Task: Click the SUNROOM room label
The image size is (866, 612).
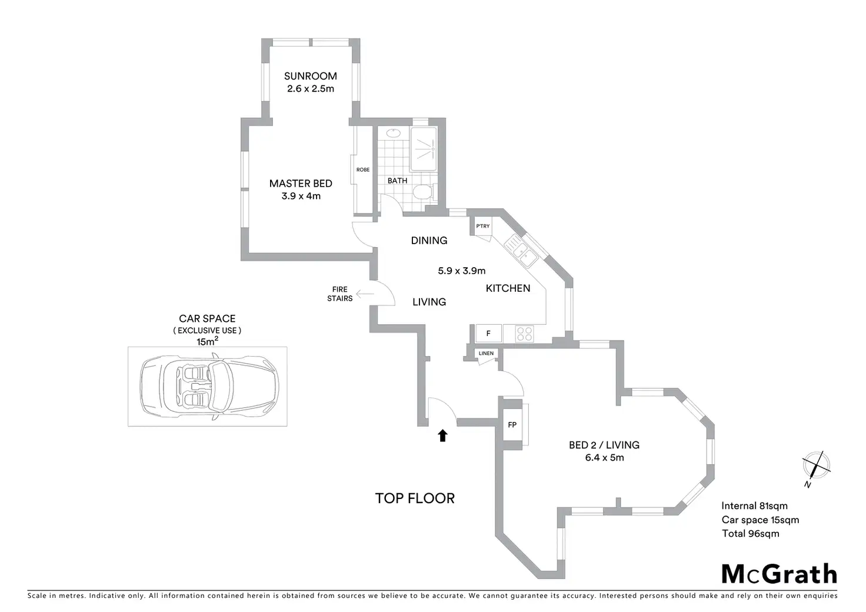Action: [311, 76]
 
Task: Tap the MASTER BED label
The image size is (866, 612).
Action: [301, 183]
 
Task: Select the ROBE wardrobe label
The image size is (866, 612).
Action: [363, 169]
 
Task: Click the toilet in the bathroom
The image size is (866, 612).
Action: [424, 191]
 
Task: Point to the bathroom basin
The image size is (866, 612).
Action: [394, 134]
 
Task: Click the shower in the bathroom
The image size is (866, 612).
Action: [424, 149]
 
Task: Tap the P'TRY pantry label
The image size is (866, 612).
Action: [483, 226]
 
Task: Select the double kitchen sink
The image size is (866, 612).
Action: [521, 251]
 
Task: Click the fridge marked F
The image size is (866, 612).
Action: [488, 333]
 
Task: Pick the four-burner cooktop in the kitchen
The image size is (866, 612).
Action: [525, 333]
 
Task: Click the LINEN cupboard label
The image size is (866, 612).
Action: [486, 353]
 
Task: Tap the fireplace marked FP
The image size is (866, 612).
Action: [512, 425]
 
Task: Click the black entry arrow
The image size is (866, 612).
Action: [442, 435]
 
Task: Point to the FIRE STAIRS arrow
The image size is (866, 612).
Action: [365, 294]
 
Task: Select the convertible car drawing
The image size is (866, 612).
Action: [209, 387]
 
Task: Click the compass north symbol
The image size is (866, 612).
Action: [816, 465]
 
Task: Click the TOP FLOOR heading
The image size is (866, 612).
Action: [415, 498]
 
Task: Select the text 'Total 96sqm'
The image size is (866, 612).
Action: [751, 534]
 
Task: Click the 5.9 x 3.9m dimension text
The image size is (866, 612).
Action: [462, 271]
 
